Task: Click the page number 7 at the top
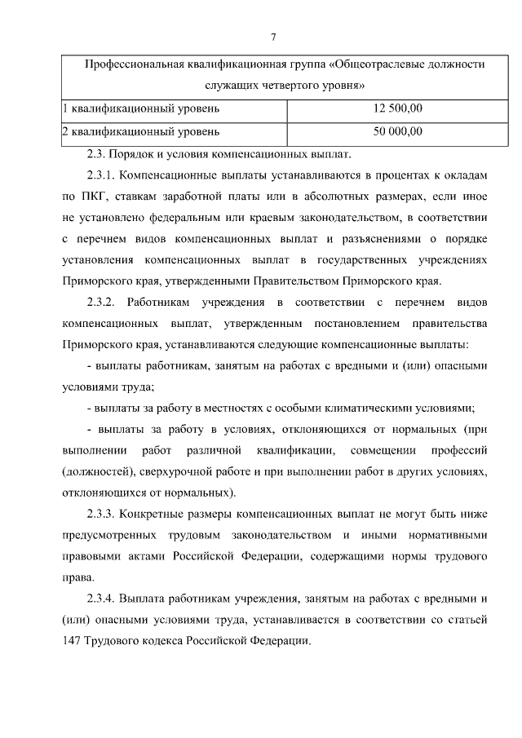coord(274,37)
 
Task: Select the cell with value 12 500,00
coord(397,108)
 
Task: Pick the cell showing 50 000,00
coord(397,130)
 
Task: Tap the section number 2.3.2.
coord(103,303)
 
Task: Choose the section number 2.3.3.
coord(103,514)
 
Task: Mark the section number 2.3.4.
coord(103,599)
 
